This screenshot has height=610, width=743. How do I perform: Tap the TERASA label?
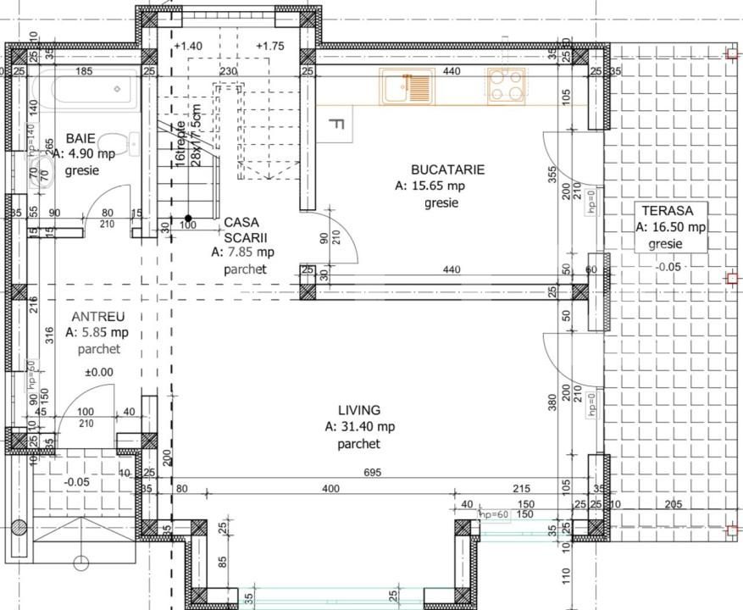[x=668, y=211]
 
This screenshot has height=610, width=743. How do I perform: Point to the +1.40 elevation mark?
[x=188, y=47]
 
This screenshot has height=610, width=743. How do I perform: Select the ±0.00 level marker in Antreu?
[x=99, y=371]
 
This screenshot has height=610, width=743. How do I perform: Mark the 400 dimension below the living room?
[x=330, y=489]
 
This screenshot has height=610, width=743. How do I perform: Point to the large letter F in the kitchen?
[x=335, y=125]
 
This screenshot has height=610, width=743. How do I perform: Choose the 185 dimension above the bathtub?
[x=84, y=72]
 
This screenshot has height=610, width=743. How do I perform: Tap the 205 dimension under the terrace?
[x=673, y=505]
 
